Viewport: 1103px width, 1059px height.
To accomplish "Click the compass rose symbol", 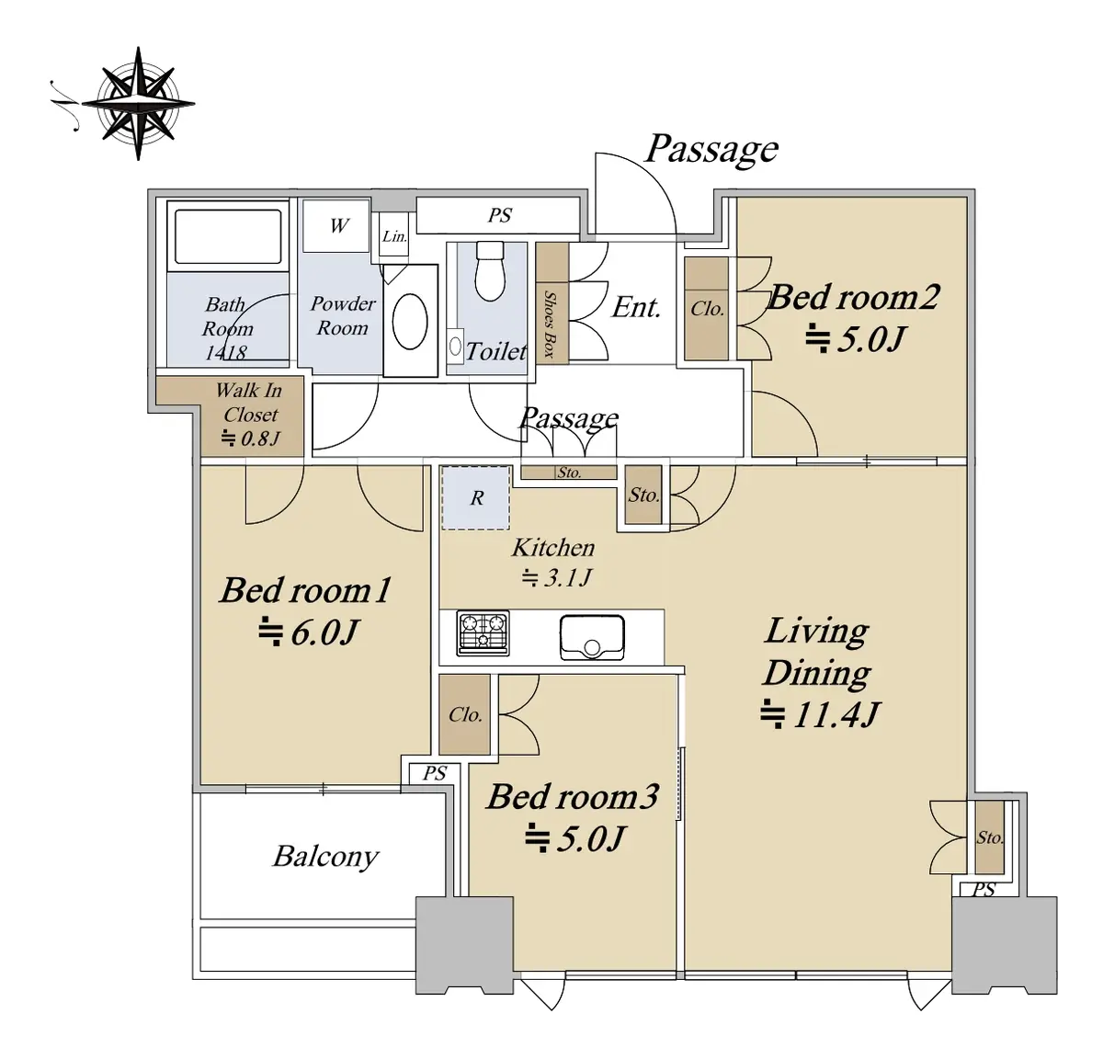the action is coord(138,104).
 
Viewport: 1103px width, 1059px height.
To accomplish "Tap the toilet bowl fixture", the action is coord(490,271).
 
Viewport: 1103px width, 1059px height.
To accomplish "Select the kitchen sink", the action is coord(592,637).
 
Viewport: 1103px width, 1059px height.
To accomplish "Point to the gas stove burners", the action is coord(483,632).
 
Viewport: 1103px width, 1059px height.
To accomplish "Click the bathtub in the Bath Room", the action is coord(228,236).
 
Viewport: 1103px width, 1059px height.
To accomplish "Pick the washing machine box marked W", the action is coord(336,225).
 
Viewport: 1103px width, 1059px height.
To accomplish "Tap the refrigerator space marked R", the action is coord(475,497).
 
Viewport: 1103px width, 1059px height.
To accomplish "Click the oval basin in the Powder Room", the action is coord(410,321).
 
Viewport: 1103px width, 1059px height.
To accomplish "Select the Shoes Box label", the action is coord(549,324).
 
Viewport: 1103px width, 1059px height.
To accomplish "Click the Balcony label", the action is coord(325,856).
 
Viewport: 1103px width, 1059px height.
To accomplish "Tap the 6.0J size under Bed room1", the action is coord(308,632).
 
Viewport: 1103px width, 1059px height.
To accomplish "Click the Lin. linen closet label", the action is coord(394,236).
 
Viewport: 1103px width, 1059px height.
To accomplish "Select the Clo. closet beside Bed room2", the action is coord(706,308).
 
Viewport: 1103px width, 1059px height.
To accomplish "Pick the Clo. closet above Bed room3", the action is coord(465,714).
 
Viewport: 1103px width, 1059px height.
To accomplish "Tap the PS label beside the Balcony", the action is coord(435,773).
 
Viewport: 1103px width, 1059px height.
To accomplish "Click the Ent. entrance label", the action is coord(636,308).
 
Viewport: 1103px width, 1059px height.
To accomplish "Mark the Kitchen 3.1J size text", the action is coord(557,577).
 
